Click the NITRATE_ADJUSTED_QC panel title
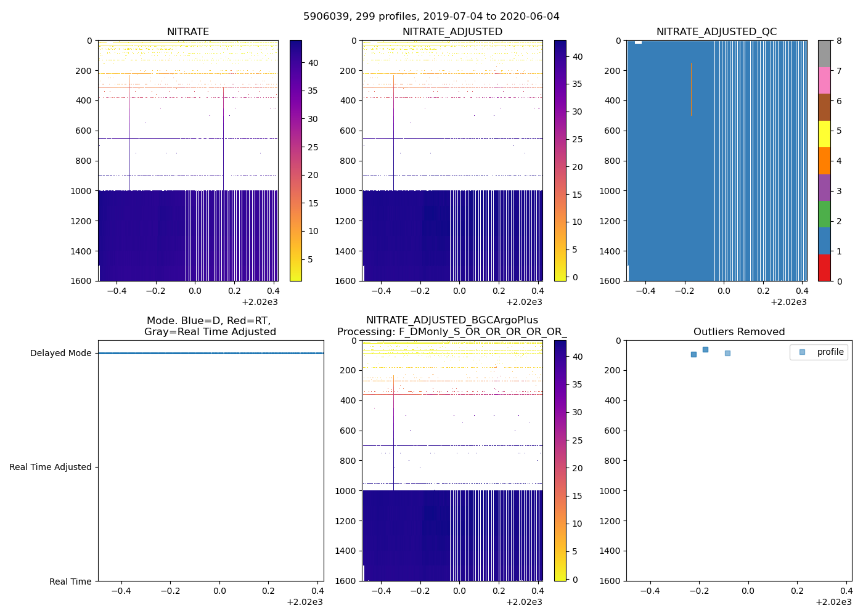[x=716, y=32]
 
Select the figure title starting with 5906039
[x=431, y=17]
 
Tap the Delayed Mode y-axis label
[x=60, y=353]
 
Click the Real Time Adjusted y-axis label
[x=51, y=467]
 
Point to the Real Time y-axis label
[x=70, y=582]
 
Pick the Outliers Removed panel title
[x=739, y=332]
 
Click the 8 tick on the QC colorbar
[x=839, y=41]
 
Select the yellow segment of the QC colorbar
[x=824, y=134]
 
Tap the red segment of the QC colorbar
[x=824, y=268]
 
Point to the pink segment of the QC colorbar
[x=824, y=81]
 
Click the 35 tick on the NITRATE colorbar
[x=313, y=91]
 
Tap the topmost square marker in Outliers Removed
[x=705, y=349]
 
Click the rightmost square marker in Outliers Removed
[x=727, y=353]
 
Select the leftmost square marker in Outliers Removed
[x=693, y=354]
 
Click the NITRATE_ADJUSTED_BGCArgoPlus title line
[x=452, y=320]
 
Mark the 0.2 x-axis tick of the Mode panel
[x=268, y=591]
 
